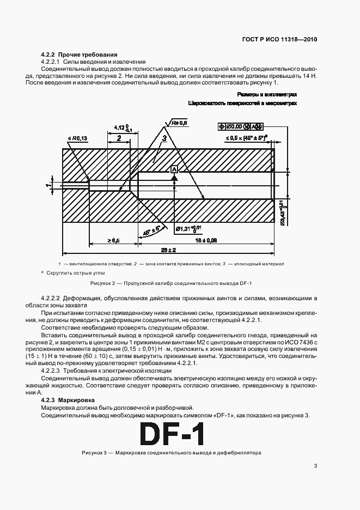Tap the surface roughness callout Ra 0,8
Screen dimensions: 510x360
(178, 124)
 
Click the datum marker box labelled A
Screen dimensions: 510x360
(174, 170)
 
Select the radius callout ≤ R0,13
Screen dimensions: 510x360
(78, 139)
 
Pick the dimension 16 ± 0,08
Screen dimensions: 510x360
(206, 240)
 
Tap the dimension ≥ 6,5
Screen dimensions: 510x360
(113, 240)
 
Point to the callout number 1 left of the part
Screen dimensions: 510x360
(48, 186)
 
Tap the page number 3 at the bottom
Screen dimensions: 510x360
(315, 465)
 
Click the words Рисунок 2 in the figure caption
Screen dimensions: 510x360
(102, 284)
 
